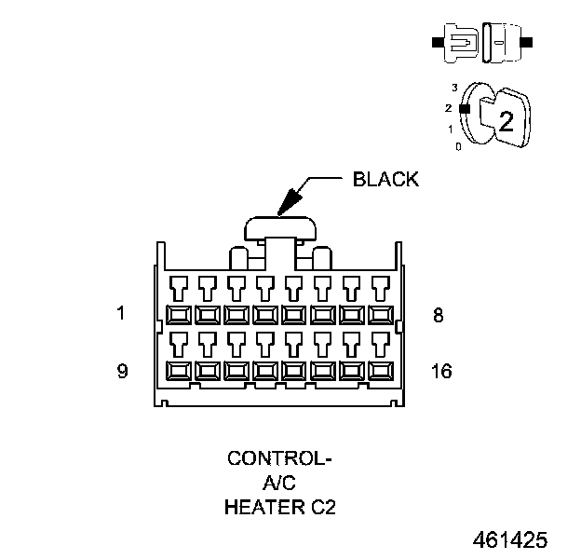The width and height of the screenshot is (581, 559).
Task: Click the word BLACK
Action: [x=385, y=180]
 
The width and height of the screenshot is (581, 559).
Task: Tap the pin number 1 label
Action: [x=121, y=314]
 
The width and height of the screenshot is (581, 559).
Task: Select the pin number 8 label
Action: [x=439, y=315]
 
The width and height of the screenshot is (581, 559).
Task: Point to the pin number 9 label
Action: [x=121, y=371]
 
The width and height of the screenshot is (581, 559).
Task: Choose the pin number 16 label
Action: [x=441, y=371]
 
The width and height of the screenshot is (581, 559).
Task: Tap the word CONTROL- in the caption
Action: [x=279, y=458]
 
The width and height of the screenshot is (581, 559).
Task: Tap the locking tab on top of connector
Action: [x=279, y=226]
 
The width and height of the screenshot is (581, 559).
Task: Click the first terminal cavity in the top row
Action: [x=178, y=315]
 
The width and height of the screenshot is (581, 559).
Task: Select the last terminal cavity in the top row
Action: [x=380, y=315]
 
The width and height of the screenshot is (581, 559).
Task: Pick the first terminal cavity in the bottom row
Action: [x=178, y=371]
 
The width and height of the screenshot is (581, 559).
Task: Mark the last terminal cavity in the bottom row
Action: [x=380, y=371]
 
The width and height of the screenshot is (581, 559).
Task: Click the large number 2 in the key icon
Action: [x=506, y=120]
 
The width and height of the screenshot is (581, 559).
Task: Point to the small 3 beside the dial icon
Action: [x=454, y=87]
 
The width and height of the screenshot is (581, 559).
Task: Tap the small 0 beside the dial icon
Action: [x=456, y=146]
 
